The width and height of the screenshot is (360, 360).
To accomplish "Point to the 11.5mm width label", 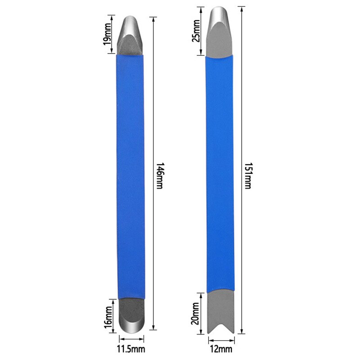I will coord(131,349).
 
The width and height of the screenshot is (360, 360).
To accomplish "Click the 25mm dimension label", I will coord(195,31).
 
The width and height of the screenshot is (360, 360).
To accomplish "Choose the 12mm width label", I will coord(220,349).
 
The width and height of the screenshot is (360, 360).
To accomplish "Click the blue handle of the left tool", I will coord(131,175).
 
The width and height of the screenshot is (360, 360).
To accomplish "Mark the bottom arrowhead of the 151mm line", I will coord(243,332).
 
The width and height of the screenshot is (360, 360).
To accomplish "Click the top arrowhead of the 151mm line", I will coord(243,8).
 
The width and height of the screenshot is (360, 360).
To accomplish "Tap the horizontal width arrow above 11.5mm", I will coord(131,340).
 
